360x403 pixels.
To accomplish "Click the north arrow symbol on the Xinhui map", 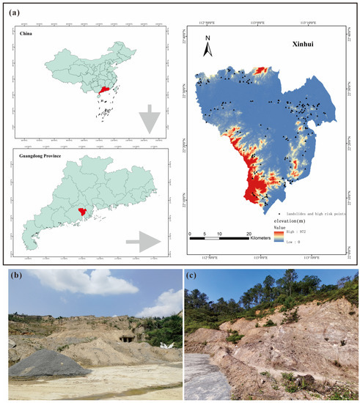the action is (x=208, y=45).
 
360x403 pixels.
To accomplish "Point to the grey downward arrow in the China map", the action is (x=150, y=118).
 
